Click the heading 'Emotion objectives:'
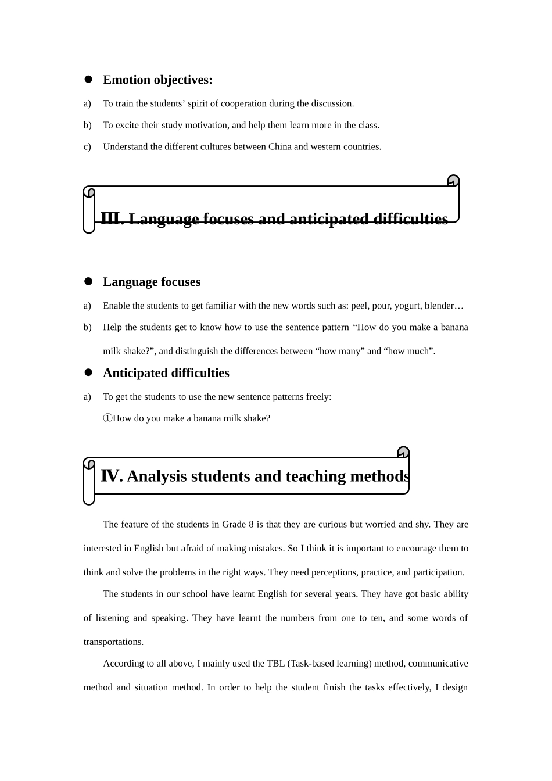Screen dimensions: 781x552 [157, 80]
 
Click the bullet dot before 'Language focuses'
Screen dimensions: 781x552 [89, 282]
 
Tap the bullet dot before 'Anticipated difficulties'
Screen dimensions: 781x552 [89, 372]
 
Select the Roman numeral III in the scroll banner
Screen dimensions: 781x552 [110, 219]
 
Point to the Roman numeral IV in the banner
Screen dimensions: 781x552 [110, 476]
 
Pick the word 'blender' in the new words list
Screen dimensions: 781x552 [440, 306]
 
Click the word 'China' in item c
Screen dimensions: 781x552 [279, 146]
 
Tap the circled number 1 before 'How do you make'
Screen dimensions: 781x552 [107, 418]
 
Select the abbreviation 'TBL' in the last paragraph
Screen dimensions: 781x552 [275, 663]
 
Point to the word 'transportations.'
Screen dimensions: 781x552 [113, 642]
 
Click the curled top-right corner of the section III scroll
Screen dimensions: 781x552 [453, 181]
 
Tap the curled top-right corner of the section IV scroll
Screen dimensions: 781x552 [403, 452]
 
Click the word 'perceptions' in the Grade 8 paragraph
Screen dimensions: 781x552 [334, 572]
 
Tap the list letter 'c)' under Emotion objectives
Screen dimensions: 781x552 [87, 146]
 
